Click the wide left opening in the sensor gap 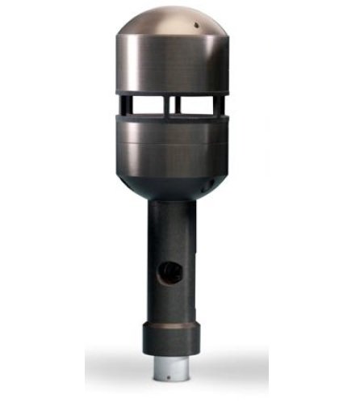point(146,105)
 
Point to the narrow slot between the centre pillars point(172,105)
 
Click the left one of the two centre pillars point(167,105)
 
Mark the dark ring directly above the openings point(171,92)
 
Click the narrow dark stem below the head point(171,242)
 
